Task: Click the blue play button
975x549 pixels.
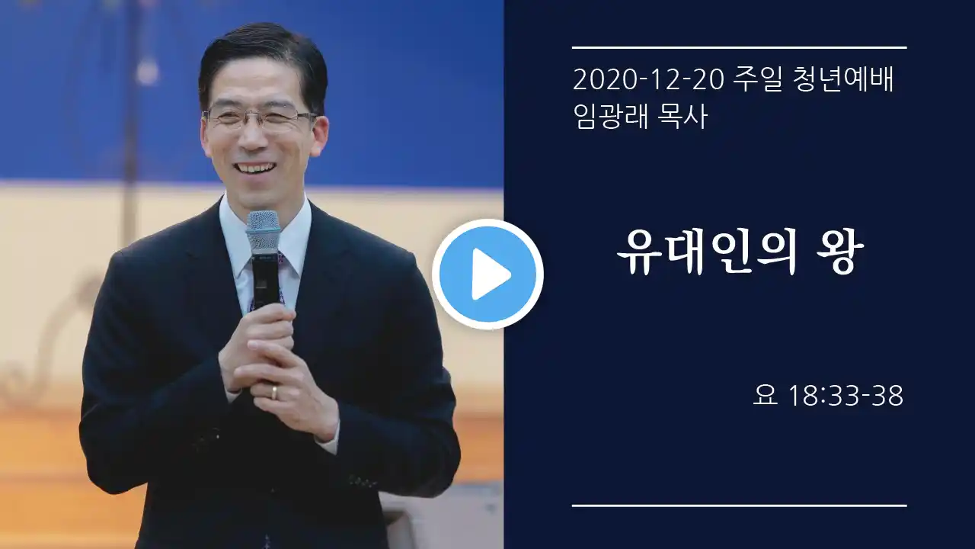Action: pos(487,274)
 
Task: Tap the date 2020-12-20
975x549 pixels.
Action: pos(648,80)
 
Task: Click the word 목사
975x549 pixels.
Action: pos(682,117)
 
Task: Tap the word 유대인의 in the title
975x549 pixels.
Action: pos(706,253)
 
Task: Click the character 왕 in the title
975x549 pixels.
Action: pos(840,253)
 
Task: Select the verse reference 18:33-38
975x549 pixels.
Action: pos(846,396)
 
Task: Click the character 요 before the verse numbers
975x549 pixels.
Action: pos(766,396)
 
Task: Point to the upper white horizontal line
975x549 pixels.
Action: pos(739,47)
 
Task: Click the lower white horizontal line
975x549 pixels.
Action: pos(739,506)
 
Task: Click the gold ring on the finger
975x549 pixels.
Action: pos(273,391)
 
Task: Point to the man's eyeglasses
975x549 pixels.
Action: pos(260,117)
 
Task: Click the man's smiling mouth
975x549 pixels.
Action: pos(254,169)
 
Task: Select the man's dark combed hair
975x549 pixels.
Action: pos(264,61)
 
